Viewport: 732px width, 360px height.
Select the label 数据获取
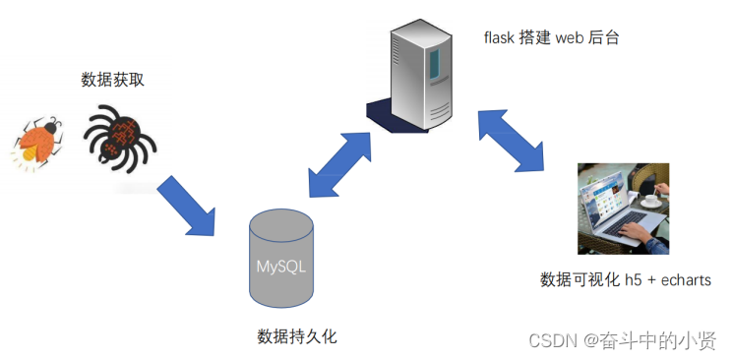(x=112, y=80)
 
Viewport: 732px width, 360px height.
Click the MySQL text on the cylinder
(x=282, y=267)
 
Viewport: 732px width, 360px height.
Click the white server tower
(x=420, y=74)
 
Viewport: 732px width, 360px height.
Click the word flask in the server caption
(x=499, y=38)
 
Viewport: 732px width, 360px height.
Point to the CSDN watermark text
(x=551, y=339)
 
